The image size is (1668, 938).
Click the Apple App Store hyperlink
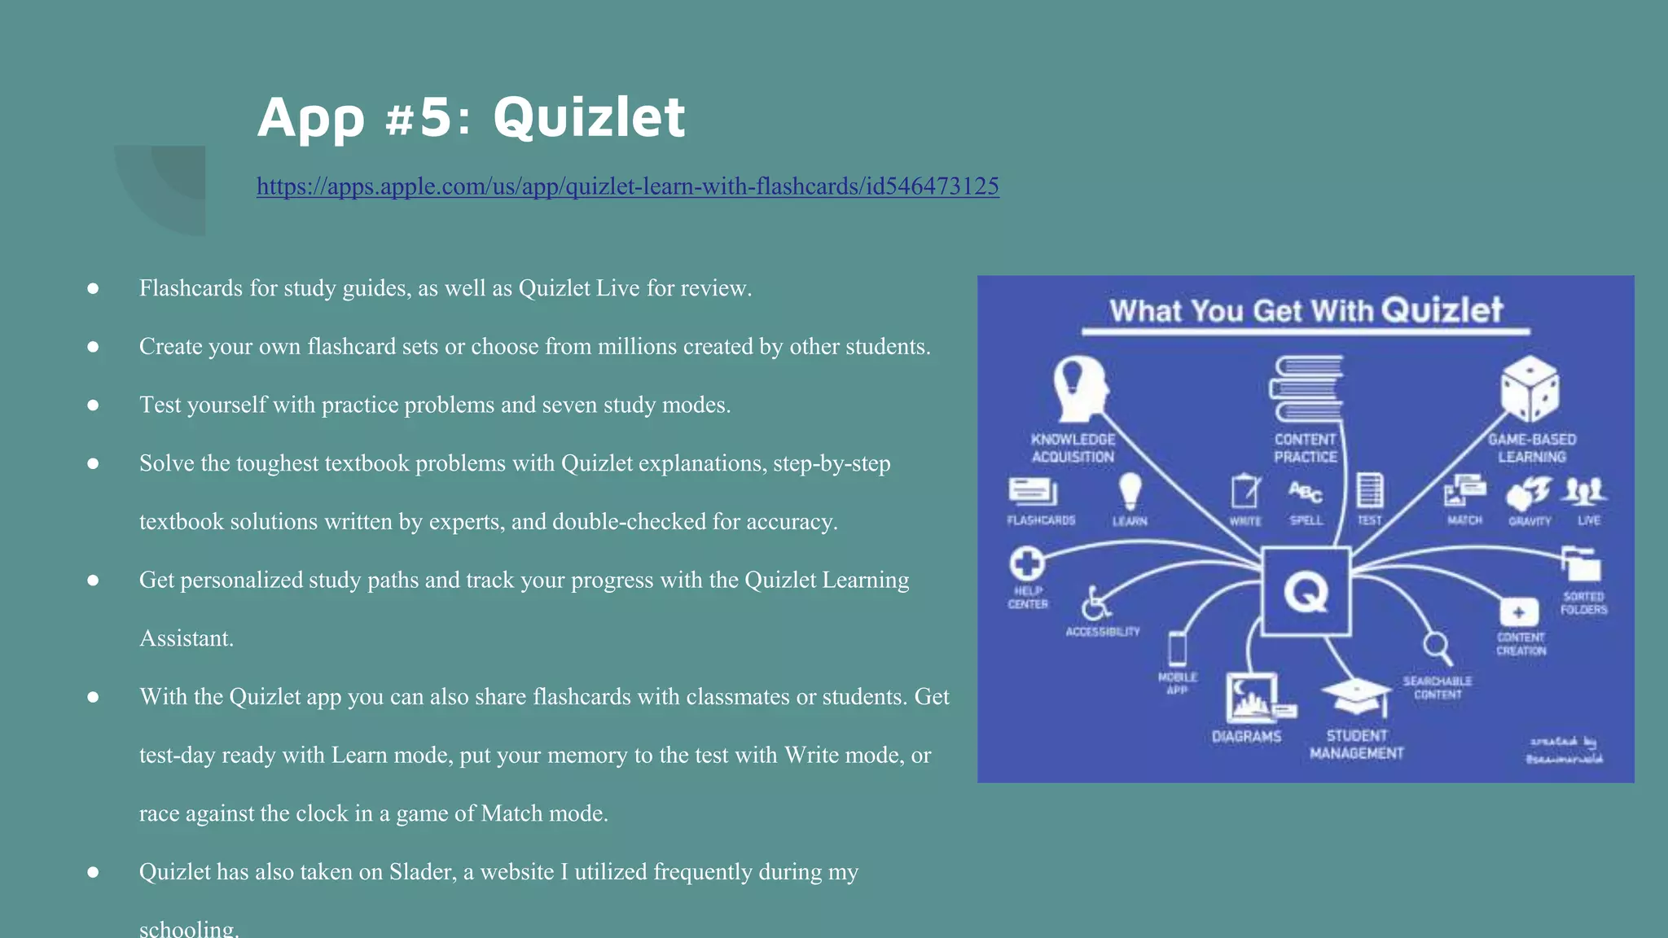coord(627,186)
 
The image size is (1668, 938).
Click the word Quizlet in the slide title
coord(588,117)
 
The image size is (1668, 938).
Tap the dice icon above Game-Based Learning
coord(1530,389)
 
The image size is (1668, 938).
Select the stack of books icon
coord(1306,388)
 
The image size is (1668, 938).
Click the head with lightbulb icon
coord(1080,388)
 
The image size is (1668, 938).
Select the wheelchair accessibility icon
coord(1096,603)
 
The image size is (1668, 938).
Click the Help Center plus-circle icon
coord(1027,563)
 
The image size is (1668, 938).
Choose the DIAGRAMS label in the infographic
coord(1246,737)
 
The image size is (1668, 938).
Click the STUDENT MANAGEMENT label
coord(1356,744)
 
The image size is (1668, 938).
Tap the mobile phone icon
coord(1177,650)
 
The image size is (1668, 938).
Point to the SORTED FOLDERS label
coord(1583,603)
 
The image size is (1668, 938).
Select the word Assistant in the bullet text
coord(186,638)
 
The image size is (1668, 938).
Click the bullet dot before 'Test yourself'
coord(93,405)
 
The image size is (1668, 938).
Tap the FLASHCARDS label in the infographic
coord(1041,520)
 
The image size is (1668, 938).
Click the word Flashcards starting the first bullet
coord(191,288)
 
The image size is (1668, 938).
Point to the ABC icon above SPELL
coord(1305,492)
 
